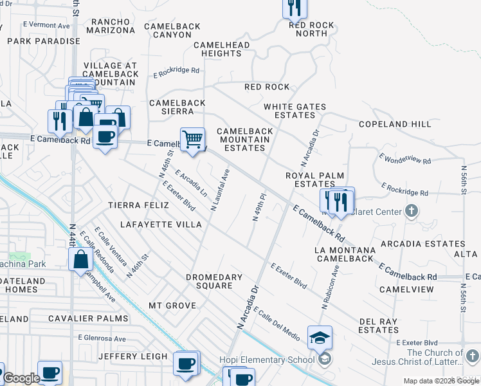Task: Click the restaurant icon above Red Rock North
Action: [295, 8]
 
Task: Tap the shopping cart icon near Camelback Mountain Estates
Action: [192, 138]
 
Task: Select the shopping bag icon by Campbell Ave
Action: [80, 260]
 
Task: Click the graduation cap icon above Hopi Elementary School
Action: [320, 337]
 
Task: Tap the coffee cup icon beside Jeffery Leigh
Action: [186, 362]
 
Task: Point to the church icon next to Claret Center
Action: [412, 211]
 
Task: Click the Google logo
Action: [21, 378]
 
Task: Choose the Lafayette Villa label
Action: [161, 225]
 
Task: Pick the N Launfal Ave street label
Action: [220, 190]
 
